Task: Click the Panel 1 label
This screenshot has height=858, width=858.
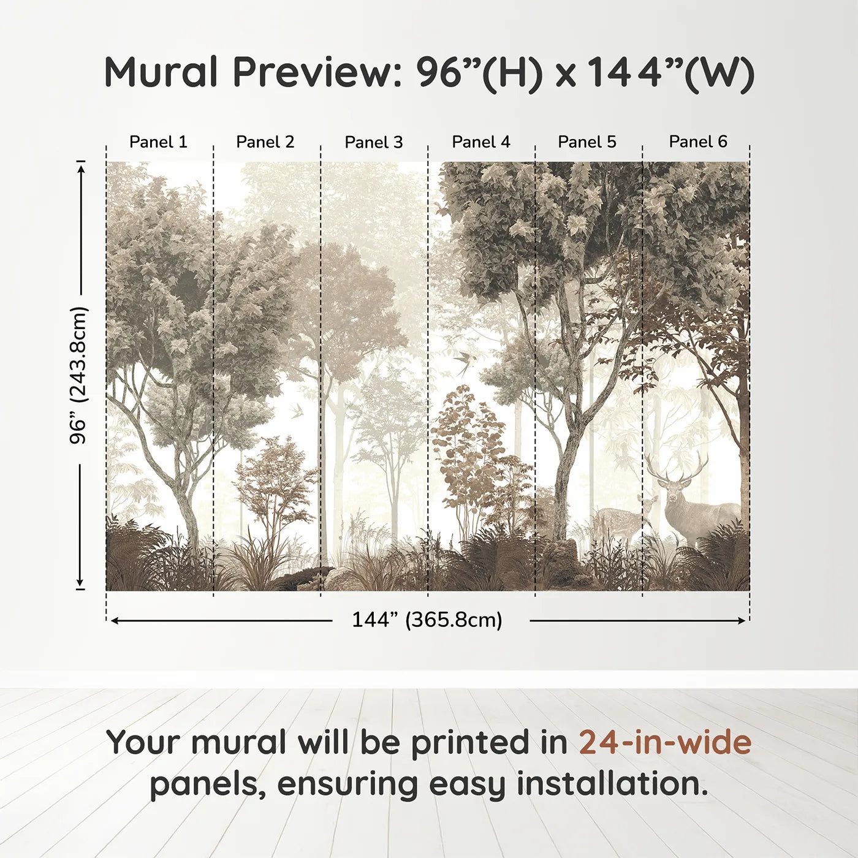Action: [x=158, y=142]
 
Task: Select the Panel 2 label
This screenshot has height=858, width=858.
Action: [x=265, y=142]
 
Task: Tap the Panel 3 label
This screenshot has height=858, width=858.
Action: [x=374, y=142]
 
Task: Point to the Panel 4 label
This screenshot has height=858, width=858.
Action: [x=481, y=142]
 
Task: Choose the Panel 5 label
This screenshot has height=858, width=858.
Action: [x=587, y=142]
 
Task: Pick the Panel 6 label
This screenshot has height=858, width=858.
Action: [x=698, y=142]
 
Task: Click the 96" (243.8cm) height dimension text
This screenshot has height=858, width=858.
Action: [x=78, y=375]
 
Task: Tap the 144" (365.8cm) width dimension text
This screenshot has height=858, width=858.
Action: [x=427, y=620]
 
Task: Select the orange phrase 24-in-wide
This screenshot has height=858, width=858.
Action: [x=665, y=743]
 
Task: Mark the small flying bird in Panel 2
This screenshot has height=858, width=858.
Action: [x=297, y=409]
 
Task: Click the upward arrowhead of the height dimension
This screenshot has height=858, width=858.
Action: [x=81, y=167]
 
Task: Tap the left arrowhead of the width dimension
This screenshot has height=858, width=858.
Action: [x=114, y=621]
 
